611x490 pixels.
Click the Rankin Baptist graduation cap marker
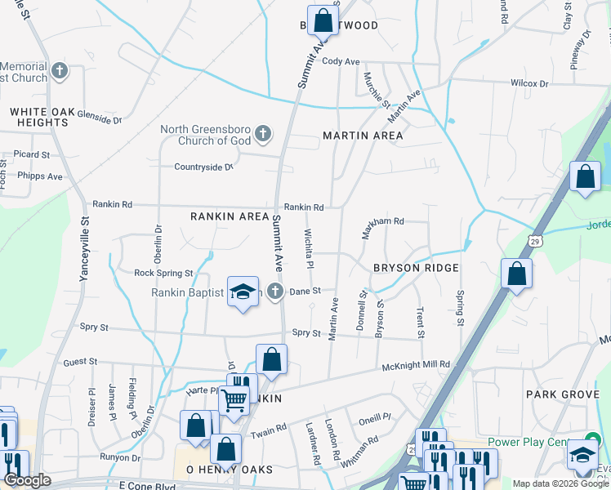click(243, 292)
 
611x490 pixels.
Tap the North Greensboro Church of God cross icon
click(263, 133)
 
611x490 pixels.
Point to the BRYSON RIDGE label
click(416, 268)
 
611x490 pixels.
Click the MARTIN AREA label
click(363, 136)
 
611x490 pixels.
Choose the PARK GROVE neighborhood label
click(563, 394)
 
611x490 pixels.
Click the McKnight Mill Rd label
click(416, 365)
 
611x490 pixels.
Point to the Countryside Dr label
click(204, 167)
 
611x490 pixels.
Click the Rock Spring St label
click(163, 273)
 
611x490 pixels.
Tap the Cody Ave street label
click(341, 61)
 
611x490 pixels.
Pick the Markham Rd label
click(384, 221)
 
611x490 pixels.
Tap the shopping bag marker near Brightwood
click(323, 20)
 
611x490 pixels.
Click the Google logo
click(27, 480)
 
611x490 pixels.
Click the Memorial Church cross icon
click(59, 71)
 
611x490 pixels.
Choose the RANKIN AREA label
click(230, 216)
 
